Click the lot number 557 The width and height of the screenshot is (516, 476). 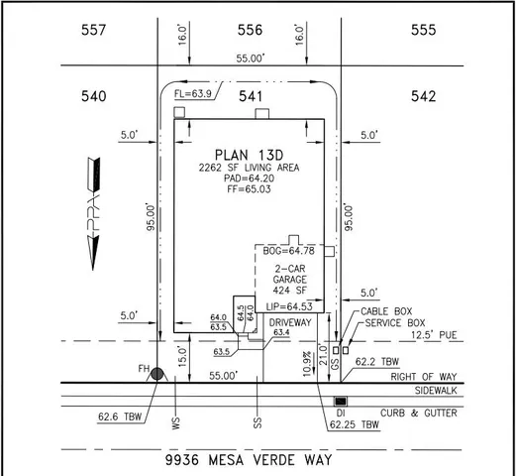pyautogui.click(x=94, y=31)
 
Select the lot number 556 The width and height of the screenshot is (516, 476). pyautogui.click(x=250, y=31)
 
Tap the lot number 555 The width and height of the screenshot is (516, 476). pyautogui.click(x=423, y=31)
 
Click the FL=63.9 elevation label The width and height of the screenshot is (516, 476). pyautogui.click(x=193, y=94)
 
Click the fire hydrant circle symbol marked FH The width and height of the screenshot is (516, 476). pyautogui.click(x=156, y=374)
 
